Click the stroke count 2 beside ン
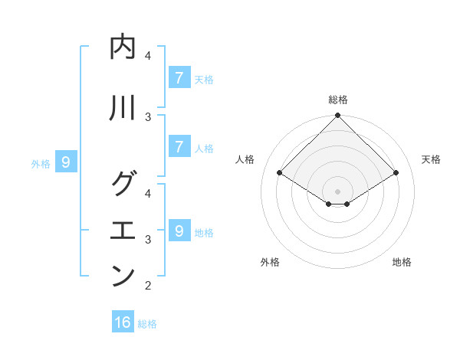[x=148, y=286]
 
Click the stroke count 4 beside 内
[x=148, y=55]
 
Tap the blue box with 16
[x=123, y=322]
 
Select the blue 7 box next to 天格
[x=179, y=78]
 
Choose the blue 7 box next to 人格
[x=179, y=147]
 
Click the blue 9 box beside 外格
[x=66, y=162]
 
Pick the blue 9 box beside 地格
[x=179, y=231]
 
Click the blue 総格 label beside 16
[x=147, y=324]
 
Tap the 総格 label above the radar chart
[x=338, y=100]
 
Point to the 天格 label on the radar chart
[x=431, y=159]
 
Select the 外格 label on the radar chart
[x=270, y=262]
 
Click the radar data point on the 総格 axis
[x=338, y=116]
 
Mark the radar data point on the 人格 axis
[x=280, y=173]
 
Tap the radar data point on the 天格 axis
[x=396, y=173]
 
